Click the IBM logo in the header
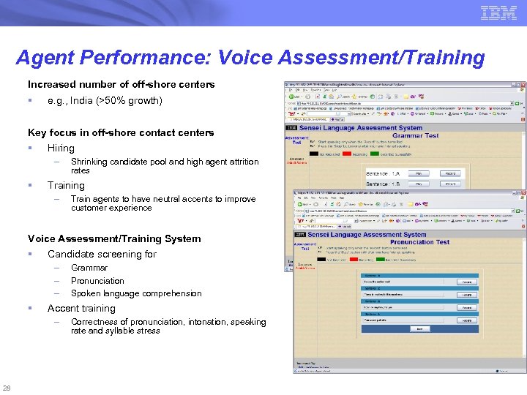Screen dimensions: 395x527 (498, 12)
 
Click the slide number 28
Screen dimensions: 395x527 (7, 388)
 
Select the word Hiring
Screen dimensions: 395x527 (61, 148)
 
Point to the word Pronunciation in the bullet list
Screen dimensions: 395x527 (97, 281)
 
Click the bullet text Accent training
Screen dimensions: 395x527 (81, 309)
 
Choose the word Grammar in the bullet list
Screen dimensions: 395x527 (89, 268)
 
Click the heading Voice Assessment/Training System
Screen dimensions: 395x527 (114, 238)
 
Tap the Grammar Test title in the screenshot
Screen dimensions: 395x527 (416, 135)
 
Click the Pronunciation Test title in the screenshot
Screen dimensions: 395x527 (419, 242)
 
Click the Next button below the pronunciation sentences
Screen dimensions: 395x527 (419, 329)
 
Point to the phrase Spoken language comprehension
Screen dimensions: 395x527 (136, 293)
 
